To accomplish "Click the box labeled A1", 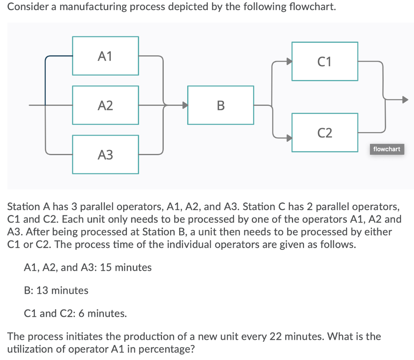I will [106, 56].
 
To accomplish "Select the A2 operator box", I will [106, 105].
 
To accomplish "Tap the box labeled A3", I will [106, 154].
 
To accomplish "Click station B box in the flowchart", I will [221, 105].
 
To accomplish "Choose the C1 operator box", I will [325, 61].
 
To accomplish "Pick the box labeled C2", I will [325, 133].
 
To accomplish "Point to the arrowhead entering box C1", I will [288, 61].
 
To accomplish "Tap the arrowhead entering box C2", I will [288, 137].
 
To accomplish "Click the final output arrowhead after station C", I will [405, 99].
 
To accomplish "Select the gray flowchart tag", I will [387, 149].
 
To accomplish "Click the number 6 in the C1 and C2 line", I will [82, 313].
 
